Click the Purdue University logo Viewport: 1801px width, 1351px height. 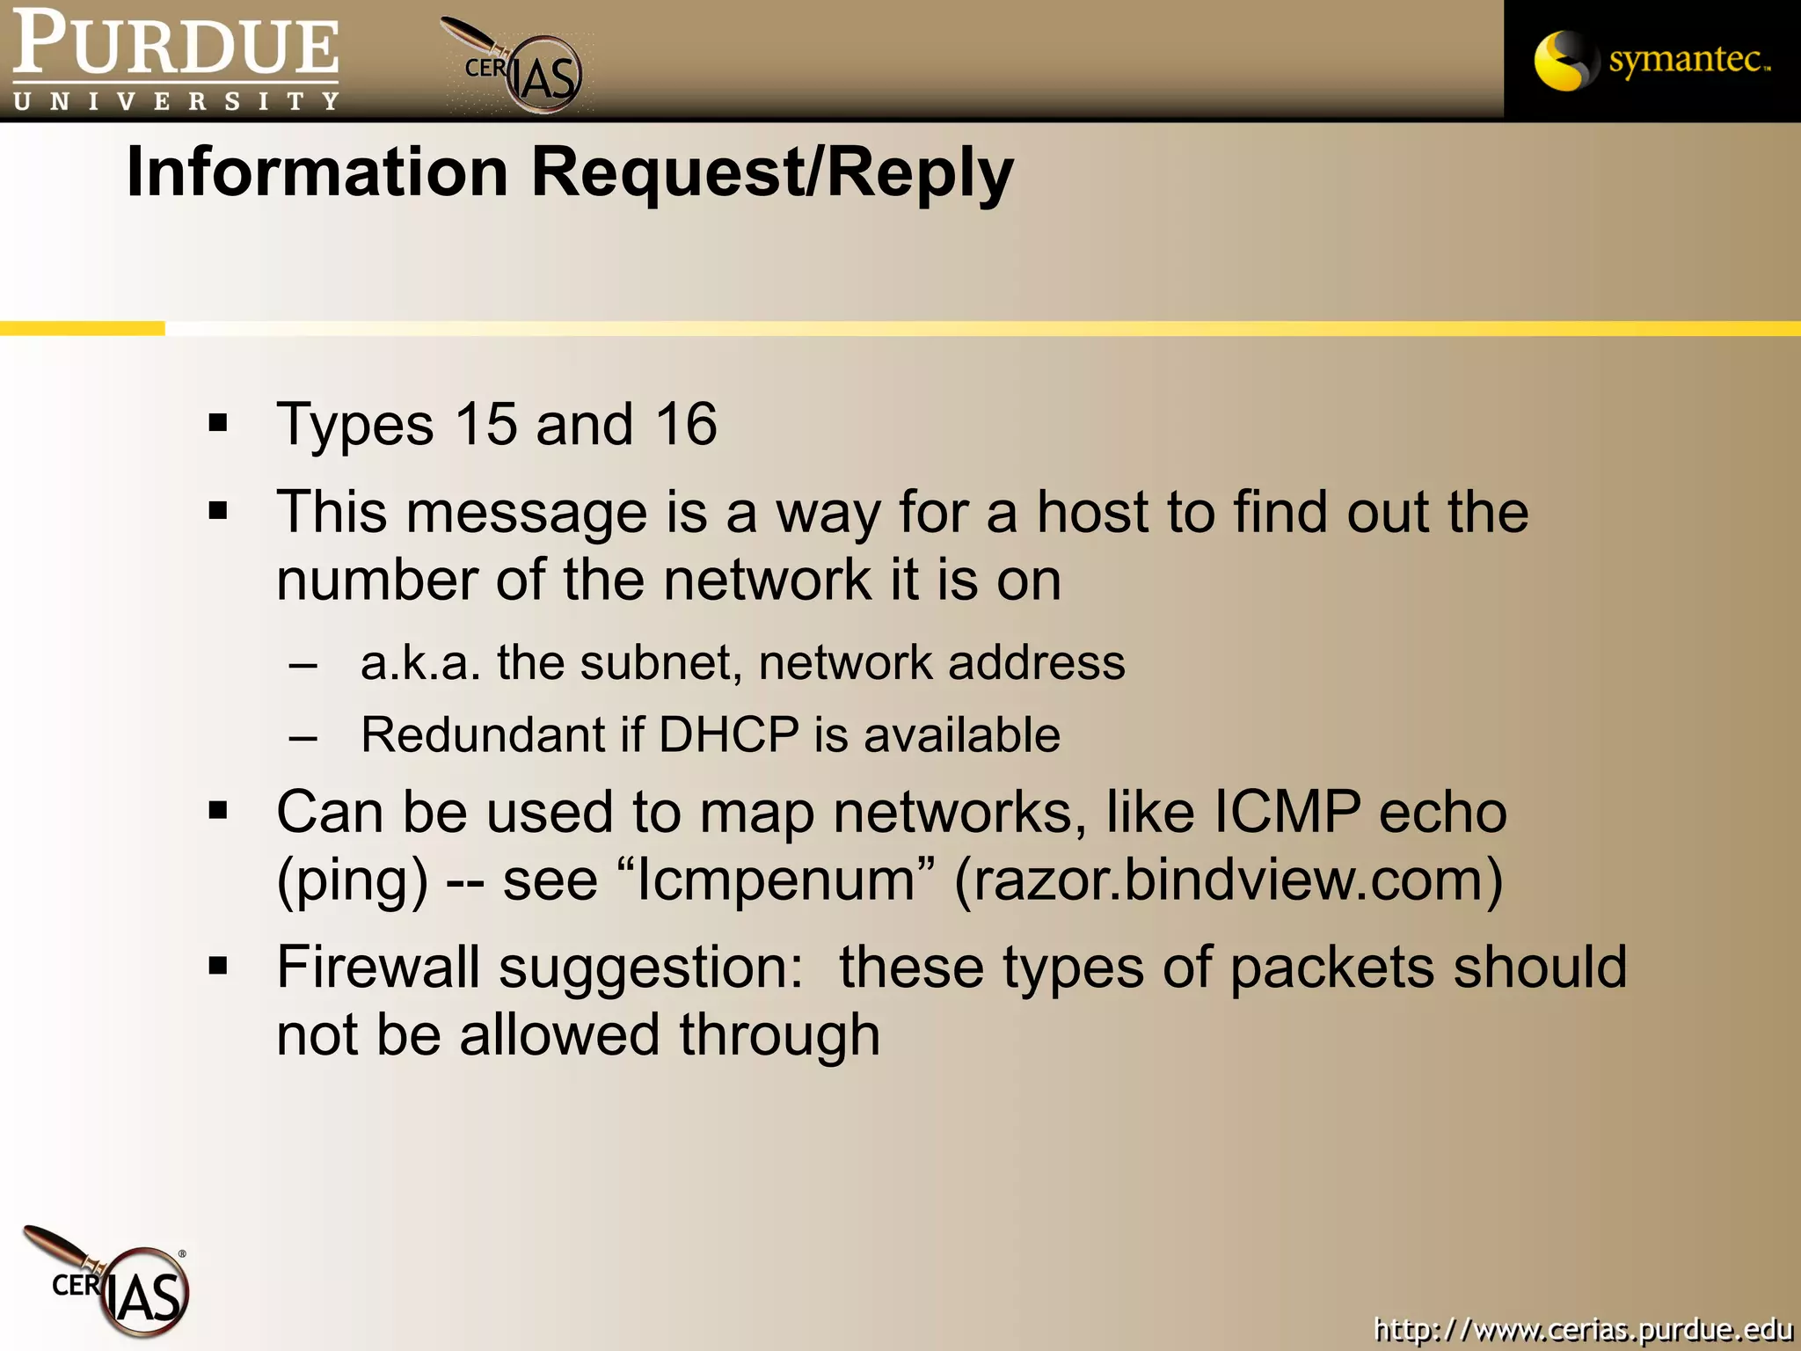click(176, 60)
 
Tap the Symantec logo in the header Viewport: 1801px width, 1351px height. click(1652, 60)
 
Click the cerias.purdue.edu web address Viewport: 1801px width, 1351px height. click(1583, 1328)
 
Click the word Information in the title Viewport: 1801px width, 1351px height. click(317, 171)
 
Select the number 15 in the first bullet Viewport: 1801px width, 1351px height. click(486, 424)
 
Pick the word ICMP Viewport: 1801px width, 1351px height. click(1287, 811)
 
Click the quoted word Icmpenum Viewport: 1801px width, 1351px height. click(774, 879)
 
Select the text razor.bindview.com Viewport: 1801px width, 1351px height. click(1229, 879)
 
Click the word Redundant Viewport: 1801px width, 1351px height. click(482, 734)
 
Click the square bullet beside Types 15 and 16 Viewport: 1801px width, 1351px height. click(218, 424)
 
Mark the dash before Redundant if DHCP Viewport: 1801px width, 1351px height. click(303, 736)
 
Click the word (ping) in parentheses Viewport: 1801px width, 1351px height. click(353, 880)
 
